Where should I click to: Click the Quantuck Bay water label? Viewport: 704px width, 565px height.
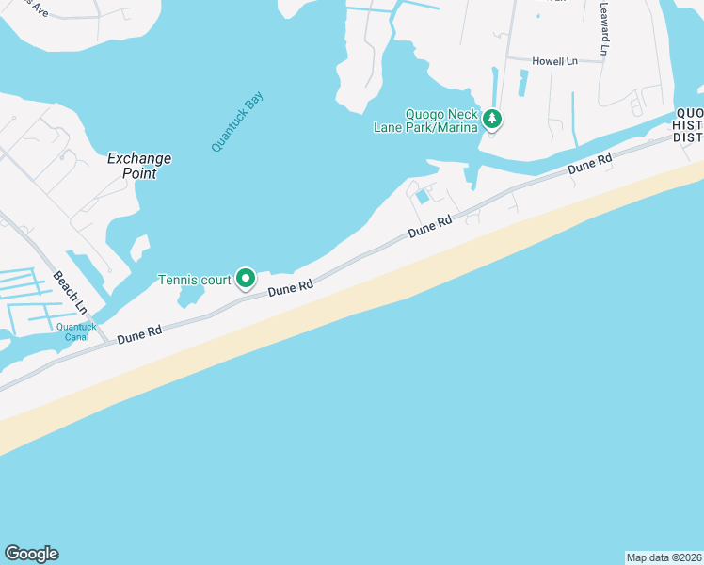(237, 121)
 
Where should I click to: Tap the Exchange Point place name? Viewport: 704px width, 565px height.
(139, 166)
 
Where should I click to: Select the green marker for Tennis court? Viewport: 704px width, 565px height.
(246, 278)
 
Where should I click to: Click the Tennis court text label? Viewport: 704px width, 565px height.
(194, 280)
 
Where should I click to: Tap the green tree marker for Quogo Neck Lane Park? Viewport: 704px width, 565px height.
(493, 119)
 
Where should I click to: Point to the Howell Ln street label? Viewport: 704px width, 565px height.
(554, 61)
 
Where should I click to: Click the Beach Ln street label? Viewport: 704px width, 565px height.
(70, 293)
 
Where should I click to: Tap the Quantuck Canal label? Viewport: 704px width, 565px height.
(75, 331)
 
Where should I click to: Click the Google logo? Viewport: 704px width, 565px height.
(31, 554)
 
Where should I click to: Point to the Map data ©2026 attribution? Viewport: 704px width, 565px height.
(664, 557)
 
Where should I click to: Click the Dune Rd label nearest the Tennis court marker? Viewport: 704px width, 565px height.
(290, 288)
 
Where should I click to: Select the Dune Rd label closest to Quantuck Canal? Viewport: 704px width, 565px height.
(139, 333)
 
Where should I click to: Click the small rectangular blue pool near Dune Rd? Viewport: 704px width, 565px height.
(423, 197)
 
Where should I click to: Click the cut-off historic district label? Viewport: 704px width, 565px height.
(688, 126)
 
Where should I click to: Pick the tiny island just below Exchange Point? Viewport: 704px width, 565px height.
(139, 249)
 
